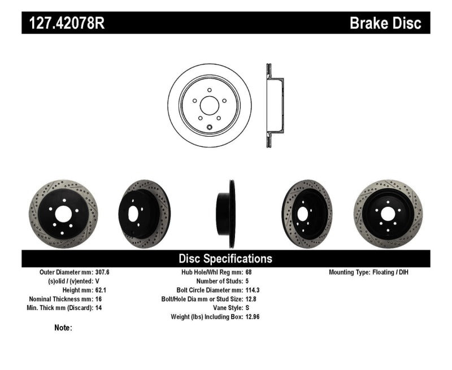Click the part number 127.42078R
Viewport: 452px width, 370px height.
coord(64,23)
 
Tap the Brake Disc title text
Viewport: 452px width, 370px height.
coord(385,23)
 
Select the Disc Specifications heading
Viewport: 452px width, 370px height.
coord(225,259)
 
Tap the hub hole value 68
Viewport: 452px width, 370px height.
coord(249,272)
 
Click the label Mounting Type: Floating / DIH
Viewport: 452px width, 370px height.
coord(368,272)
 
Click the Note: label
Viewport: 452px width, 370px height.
coord(63,328)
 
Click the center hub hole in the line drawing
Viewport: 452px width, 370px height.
coord(210,107)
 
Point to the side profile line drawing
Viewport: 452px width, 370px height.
coord(274,106)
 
